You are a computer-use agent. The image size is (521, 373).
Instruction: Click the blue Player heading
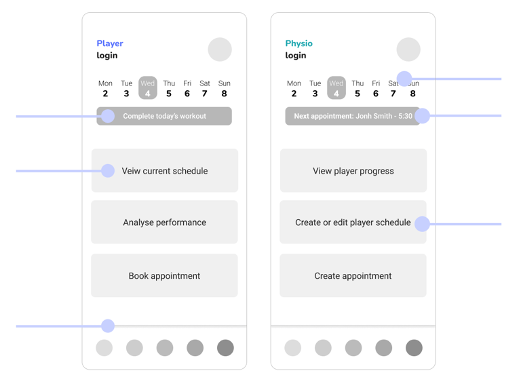110,43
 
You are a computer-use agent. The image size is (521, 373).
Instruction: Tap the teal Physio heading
298,43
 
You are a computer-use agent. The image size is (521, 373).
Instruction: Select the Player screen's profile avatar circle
220,50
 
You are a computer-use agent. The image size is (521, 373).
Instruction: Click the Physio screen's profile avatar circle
408,50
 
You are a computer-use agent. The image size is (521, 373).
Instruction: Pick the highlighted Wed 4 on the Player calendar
147,88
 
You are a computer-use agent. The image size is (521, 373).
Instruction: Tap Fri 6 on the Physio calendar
376,88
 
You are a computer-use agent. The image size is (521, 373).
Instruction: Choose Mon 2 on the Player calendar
105,88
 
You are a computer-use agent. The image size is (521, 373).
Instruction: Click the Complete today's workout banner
164,116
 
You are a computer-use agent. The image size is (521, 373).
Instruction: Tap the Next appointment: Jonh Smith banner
353,116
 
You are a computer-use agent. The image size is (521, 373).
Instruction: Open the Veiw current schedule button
165,170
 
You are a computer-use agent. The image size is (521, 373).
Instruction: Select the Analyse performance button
164,222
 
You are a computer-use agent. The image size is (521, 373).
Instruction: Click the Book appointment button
164,275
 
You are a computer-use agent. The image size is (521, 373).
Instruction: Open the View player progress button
353,170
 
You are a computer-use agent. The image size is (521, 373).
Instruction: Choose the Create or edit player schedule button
353,222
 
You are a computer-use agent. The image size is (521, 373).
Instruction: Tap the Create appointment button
353,275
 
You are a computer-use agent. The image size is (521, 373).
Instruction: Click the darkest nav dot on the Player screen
225,348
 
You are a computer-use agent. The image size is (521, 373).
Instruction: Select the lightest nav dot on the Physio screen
293,348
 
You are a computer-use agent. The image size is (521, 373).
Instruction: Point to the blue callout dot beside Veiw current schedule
108,171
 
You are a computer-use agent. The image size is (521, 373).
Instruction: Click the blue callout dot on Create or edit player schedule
422,224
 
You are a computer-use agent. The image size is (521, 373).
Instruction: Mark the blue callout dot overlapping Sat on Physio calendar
404,79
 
